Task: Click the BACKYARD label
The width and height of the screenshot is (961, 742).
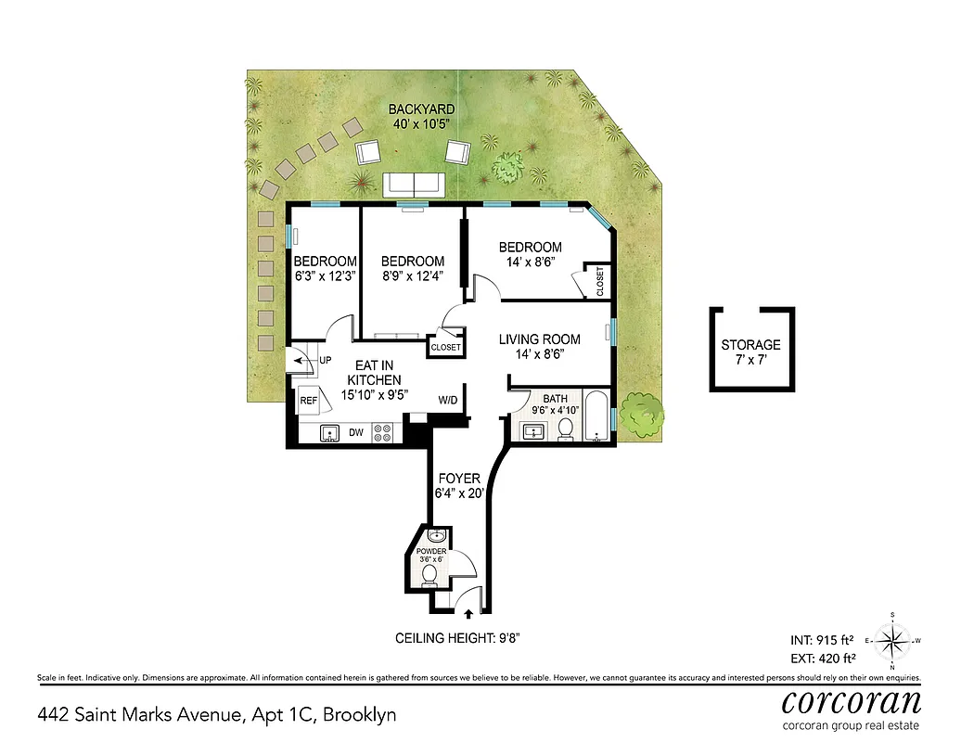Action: coord(421,109)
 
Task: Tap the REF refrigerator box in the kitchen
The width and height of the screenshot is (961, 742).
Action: coord(309,401)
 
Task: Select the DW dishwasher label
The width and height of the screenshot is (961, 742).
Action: coord(355,432)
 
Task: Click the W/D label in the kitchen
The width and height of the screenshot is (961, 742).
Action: coord(448,401)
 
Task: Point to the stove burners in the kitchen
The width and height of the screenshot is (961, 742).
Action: coord(381,431)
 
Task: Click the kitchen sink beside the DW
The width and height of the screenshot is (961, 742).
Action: coord(328,432)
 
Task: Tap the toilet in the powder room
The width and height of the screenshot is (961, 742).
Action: coord(429,576)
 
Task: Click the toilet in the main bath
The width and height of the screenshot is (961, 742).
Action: coord(565,429)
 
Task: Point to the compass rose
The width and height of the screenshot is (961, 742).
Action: coord(891,640)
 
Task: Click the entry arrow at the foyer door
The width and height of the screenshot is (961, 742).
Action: coord(468,613)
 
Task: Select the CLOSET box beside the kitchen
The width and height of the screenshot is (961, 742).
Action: coord(444,347)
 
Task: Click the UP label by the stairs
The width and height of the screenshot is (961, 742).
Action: coord(325,360)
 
